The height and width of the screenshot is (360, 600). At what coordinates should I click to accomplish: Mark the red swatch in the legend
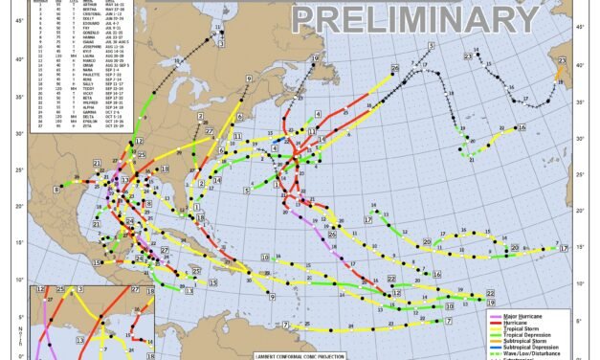click(x=494, y=322)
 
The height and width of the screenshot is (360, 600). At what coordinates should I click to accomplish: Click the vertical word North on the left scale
click(x=9, y=339)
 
